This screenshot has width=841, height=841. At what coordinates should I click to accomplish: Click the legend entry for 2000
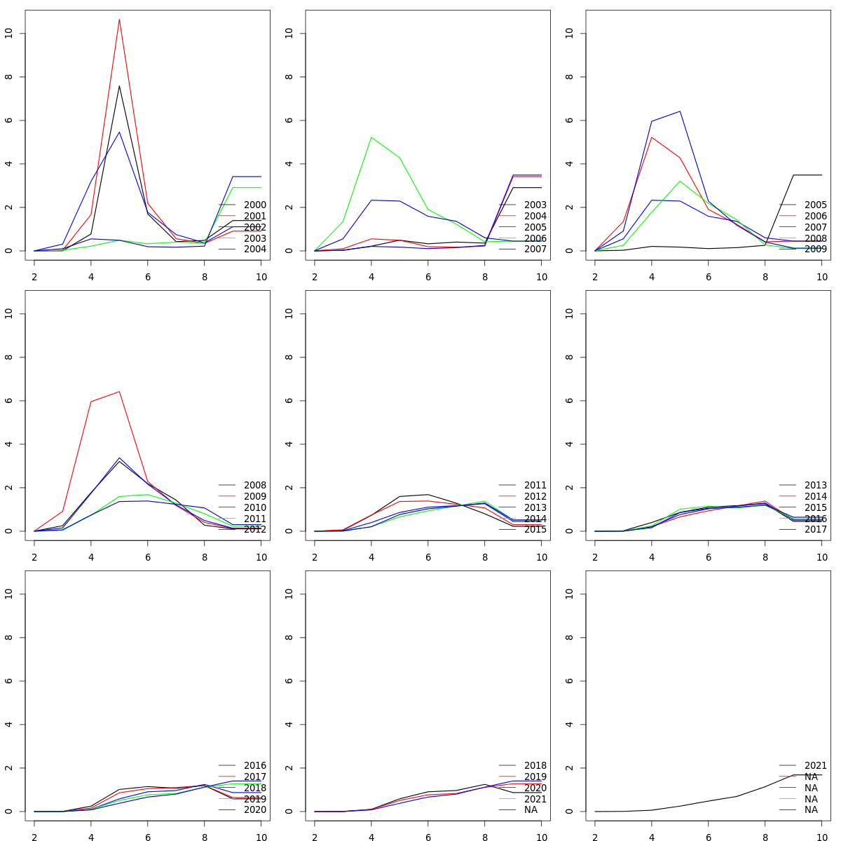(254, 205)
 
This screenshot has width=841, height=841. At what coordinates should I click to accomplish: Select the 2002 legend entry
(254, 228)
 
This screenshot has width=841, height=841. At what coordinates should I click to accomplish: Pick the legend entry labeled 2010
(254, 508)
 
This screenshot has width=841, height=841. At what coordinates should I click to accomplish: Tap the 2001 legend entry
(254, 217)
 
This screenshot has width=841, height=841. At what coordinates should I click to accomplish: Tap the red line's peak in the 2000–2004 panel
(119, 19)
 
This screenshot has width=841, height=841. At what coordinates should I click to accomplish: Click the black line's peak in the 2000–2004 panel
(119, 86)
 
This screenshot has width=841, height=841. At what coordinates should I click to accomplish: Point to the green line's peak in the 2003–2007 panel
(371, 137)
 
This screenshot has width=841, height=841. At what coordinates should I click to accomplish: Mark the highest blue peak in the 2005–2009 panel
(680, 111)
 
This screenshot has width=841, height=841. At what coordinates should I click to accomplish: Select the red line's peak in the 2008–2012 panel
(119, 391)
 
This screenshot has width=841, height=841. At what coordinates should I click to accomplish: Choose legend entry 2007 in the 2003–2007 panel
(535, 249)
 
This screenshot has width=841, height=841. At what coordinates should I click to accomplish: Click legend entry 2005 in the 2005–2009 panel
(815, 205)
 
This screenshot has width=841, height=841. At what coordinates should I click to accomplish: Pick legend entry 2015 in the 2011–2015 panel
(535, 530)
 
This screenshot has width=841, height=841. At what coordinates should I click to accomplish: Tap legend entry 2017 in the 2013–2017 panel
(815, 530)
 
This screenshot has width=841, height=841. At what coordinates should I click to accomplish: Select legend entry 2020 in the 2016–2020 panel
(254, 810)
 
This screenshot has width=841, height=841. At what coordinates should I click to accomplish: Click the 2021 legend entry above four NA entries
(815, 766)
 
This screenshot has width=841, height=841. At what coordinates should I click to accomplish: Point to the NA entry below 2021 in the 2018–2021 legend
(531, 810)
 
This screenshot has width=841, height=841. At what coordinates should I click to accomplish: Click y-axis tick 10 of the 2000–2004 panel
(8, 33)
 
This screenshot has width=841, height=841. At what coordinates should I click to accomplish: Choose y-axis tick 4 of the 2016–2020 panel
(8, 725)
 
